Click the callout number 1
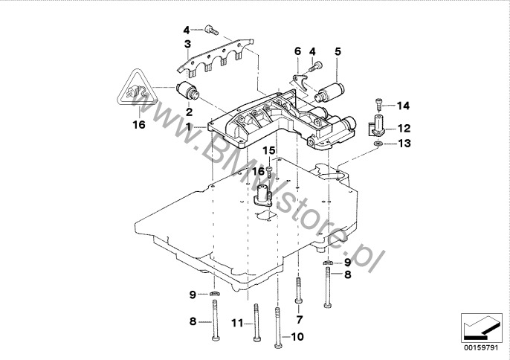point(190,126)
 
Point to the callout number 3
point(188,45)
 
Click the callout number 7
point(300,320)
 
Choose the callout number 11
point(237,323)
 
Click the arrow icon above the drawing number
point(478,325)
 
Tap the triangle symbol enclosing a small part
point(138,93)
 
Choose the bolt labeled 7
point(299,291)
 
